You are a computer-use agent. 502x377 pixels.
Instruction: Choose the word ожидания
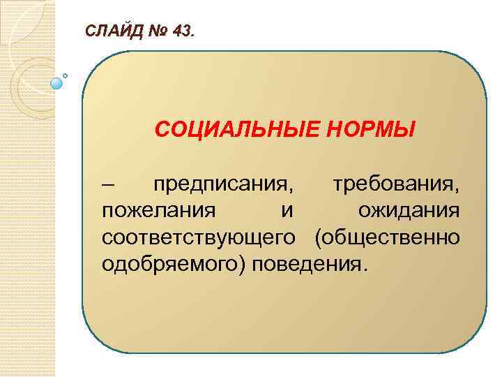coord(409,211)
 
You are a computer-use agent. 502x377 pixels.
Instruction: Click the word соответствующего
coord(202,237)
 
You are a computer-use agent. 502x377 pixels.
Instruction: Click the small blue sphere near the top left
coord(56,83)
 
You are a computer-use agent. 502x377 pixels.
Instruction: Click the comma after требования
coord(457,191)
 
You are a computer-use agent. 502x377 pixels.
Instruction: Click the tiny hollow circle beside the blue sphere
coord(66,75)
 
